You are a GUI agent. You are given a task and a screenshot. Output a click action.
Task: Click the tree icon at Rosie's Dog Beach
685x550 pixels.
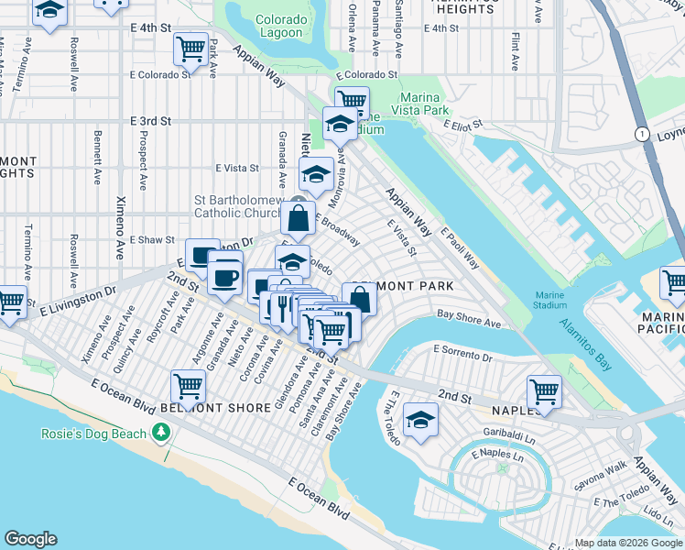point(162,431)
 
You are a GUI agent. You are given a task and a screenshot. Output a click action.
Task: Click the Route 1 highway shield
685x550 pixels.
point(642,134)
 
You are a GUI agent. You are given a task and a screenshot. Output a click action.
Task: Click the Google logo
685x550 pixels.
point(30,539)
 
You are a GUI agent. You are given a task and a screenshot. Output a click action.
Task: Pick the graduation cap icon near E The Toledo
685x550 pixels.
point(420,419)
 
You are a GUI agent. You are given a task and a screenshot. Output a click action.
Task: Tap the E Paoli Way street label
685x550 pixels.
point(460,249)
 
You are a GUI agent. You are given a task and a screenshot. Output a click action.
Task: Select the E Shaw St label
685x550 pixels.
point(152,239)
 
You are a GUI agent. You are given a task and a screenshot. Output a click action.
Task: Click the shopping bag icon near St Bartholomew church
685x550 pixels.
point(298,218)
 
